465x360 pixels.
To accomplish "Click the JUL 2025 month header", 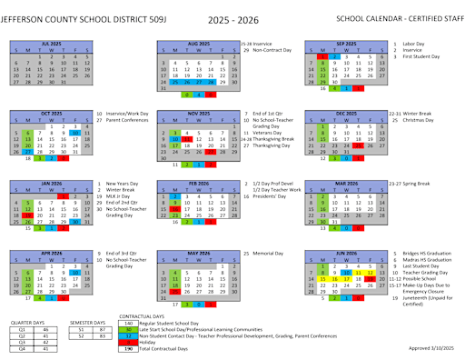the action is pos(51,44).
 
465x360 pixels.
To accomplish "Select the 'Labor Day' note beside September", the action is pos(415,44).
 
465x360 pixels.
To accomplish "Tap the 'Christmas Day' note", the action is pos(419,120).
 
